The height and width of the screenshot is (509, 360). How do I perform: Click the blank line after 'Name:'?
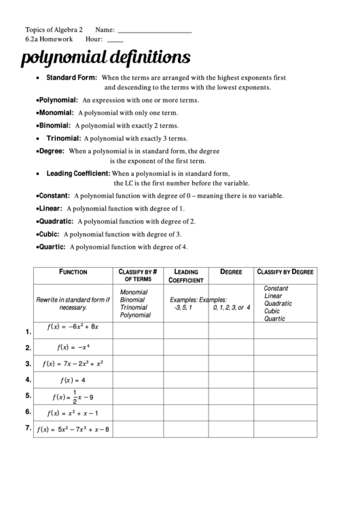[x=154, y=32]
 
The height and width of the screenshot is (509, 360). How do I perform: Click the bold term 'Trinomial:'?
[x=63, y=138]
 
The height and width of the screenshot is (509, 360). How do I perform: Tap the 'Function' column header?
[x=73, y=272]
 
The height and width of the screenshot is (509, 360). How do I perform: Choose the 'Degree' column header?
[x=231, y=272]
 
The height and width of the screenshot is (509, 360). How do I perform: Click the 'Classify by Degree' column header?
[x=285, y=272]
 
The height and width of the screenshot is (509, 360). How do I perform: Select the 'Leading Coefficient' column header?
[x=186, y=275]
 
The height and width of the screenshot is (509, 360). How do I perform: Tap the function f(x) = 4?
[x=73, y=380]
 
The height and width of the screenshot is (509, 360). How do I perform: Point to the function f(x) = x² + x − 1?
[x=73, y=413]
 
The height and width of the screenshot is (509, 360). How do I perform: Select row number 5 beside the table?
[x=28, y=396]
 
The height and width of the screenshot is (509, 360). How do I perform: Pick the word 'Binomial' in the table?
[x=132, y=299]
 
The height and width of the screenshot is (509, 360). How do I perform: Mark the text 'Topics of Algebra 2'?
[x=54, y=30]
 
